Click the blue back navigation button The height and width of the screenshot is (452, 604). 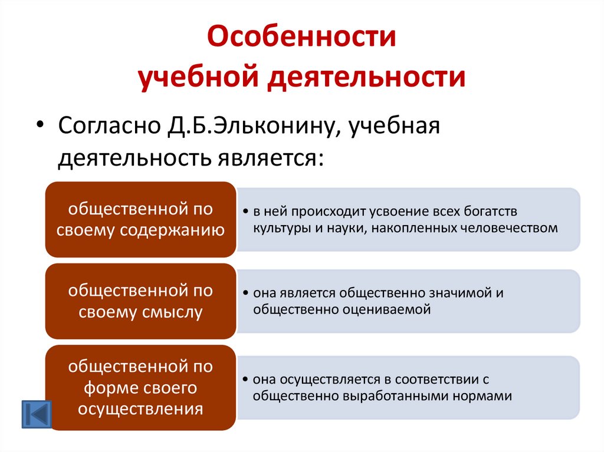tap(37, 414)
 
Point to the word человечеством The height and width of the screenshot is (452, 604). tap(508, 227)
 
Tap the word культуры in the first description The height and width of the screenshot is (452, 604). tap(278, 227)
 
